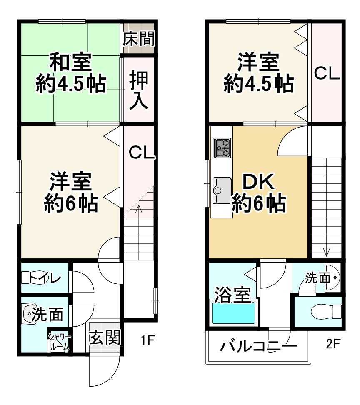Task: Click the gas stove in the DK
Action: pos(222,148)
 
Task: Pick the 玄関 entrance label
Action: pos(105,337)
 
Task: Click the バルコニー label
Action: pos(258,346)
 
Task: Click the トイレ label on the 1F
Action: pos(46,277)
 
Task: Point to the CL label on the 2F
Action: pos(327,74)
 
